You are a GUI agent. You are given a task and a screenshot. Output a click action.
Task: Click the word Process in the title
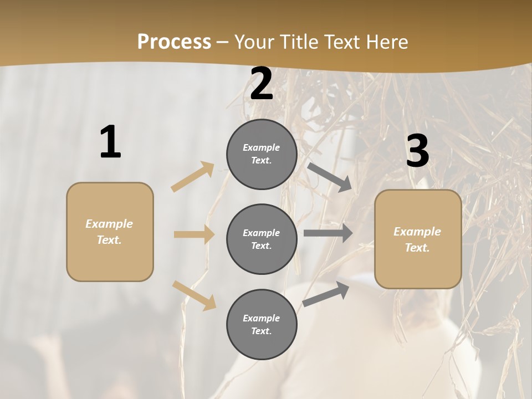[x=174, y=42]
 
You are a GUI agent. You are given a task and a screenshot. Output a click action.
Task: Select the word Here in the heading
[x=386, y=42]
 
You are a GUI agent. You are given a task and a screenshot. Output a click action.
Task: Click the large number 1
[x=110, y=142]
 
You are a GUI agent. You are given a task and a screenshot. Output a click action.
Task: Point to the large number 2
[x=262, y=84]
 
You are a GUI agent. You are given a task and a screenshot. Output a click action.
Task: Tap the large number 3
[x=417, y=151]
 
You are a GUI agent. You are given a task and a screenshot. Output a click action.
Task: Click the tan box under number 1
[x=110, y=232]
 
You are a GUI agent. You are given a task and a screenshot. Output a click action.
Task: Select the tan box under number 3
[x=418, y=239]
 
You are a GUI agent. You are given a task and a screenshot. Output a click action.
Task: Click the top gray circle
[x=262, y=154]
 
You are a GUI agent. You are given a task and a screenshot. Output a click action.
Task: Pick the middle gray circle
[x=262, y=239]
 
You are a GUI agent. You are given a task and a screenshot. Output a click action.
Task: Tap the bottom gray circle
[x=262, y=325]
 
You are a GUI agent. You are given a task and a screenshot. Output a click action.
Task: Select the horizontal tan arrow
[x=194, y=234]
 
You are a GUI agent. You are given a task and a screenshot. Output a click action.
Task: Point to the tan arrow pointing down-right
[x=195, y=295]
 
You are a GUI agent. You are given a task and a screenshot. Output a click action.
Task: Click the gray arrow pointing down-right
[x=329, y=177]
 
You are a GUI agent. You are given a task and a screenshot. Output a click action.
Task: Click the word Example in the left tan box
[x=109, y=224]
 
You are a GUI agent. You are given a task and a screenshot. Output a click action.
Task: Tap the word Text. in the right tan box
[x=417, y=248]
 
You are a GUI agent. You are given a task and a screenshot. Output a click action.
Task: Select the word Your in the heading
[x=253, y=42]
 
